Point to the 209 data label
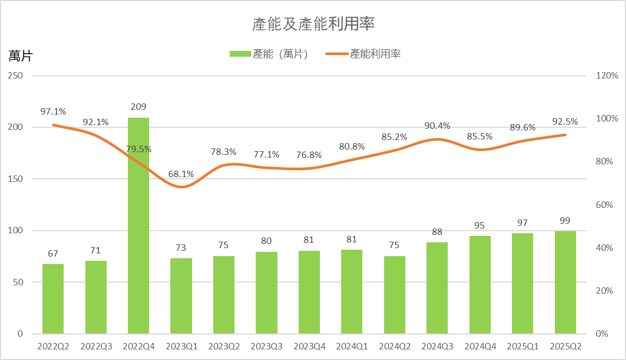coord(138,107)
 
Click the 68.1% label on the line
coord(181,174)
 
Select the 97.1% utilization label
coord(53,111)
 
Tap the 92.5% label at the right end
coord(565,122)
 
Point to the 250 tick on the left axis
coord(15,76)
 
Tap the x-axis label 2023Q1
coord(181,347)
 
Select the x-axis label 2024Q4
coord(480,347)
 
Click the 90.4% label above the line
coord(437,126)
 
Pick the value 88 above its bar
coord(437,232)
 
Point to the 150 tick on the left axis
coord(15,179)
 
